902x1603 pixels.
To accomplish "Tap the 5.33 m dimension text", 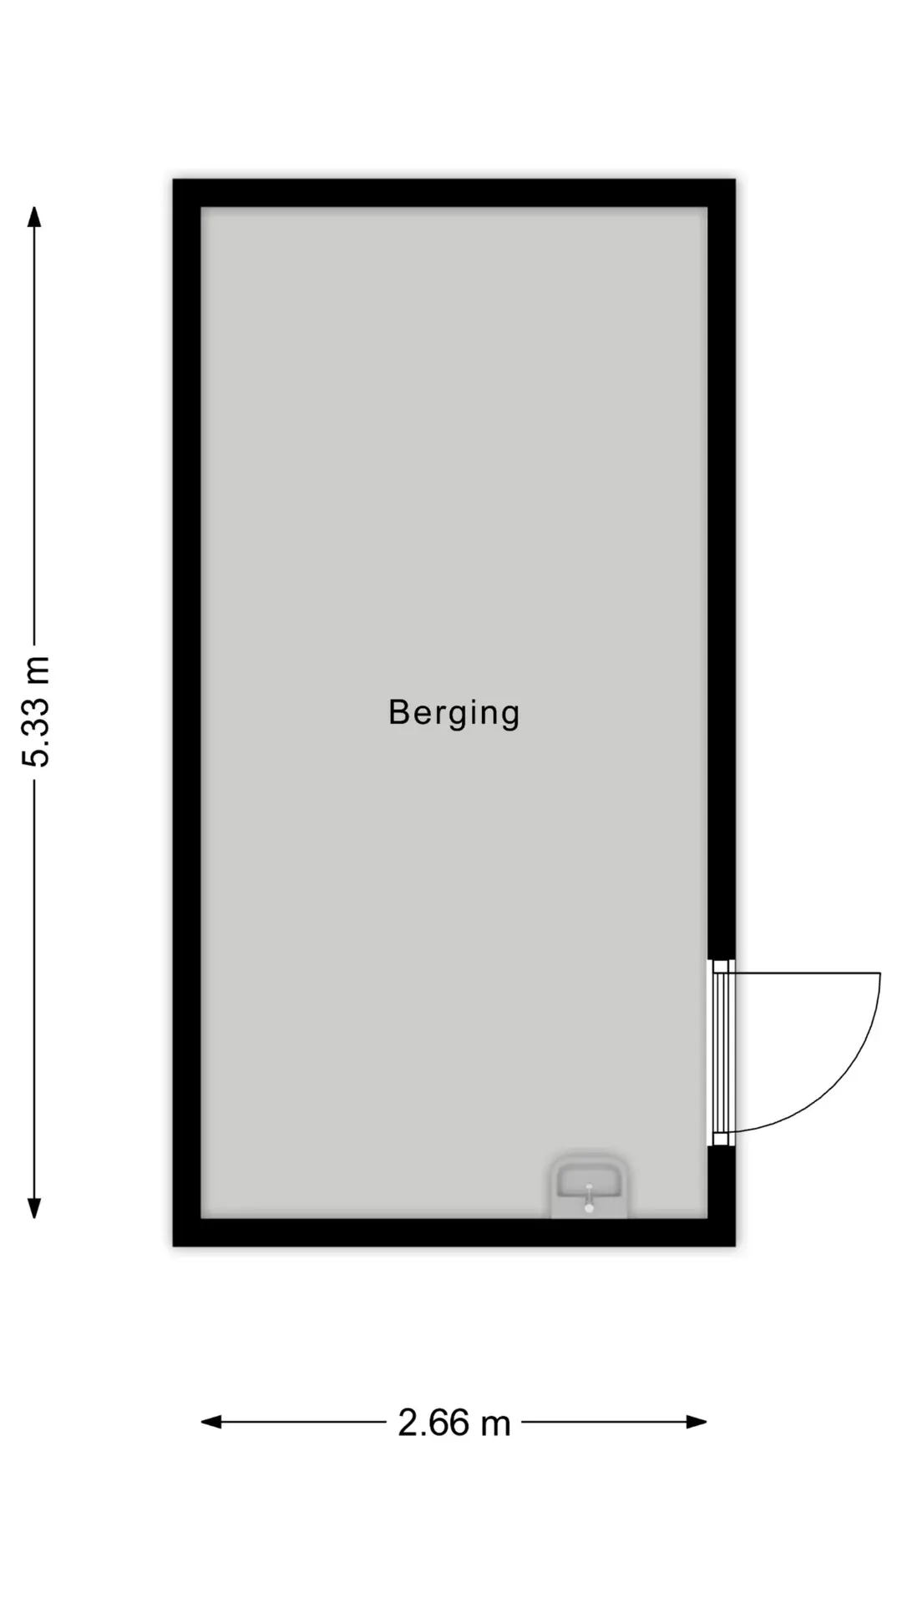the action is pyautogui.click(x=37, y=711).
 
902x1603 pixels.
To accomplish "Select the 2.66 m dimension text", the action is pyautogui.click(x=454, y=1423).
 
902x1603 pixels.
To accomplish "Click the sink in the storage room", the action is pyautogui.click(x=589, y=1186).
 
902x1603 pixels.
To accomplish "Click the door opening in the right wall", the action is pyautogui.click(x=722, y=1052).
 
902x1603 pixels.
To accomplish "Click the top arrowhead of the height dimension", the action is pyautogui.click(x=34, y=217).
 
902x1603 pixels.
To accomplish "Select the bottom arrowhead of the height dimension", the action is pyautogui.click(x=34, y=1207).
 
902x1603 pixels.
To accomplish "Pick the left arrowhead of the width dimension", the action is pyautogui.click(x=211, y=1422).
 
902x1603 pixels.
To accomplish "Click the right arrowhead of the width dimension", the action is pyautogui.click(x=697, y=1422).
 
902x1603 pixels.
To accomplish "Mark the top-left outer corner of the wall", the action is pyautogui.click(x=173, y=179).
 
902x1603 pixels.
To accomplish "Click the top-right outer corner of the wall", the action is pyautogui.click(x=736, y=179).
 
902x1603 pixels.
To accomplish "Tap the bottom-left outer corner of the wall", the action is pyautogui.click(x=173, y=1246).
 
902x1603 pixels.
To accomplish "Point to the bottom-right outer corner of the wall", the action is pyautogui.click(x=736, y=1246).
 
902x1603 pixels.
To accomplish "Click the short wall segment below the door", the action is pyautogui.click(x=722, y=1182).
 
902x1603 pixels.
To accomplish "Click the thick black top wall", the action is pyautogui.click(x=454, y=193).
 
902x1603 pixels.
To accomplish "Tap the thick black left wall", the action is pyautogui.click(x=187, y=712).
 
